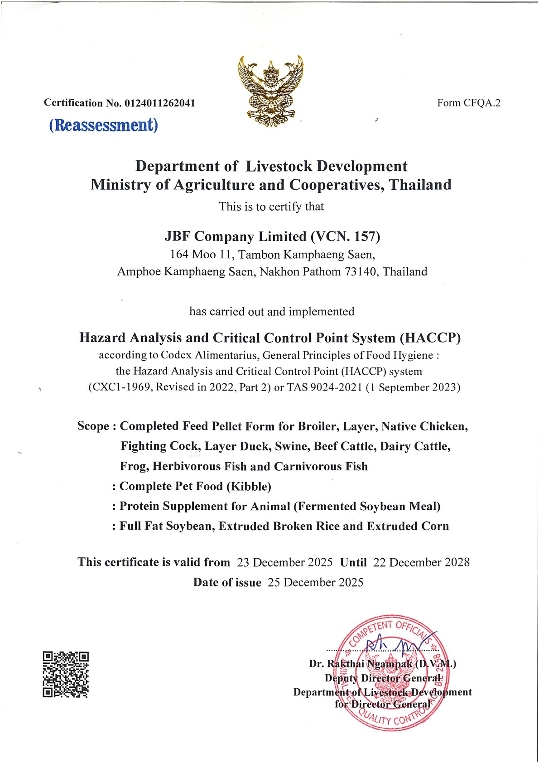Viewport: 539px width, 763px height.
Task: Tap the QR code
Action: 66,674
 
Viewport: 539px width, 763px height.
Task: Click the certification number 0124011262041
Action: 160,103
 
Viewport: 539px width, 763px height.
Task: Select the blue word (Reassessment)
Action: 104,125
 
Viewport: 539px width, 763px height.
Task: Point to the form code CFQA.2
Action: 482,103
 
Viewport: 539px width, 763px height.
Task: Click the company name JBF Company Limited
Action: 236,237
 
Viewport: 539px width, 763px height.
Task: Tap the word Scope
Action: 93,426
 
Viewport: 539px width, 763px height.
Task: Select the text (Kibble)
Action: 249,487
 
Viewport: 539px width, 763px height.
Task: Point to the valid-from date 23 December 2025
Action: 284,562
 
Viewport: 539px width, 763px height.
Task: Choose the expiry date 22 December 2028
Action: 421,562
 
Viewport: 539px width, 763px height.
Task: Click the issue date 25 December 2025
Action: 315,582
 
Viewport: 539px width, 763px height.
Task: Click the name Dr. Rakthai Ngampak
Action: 361,664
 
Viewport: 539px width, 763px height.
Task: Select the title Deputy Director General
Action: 383,678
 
